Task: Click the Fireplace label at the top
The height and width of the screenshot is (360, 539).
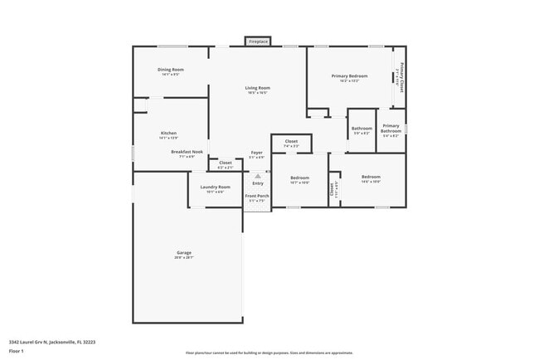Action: (258, 41)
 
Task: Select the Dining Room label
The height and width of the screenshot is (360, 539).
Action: (171, 70)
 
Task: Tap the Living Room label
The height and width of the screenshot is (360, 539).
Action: (257, 88)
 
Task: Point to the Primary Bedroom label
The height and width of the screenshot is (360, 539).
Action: (349, 77)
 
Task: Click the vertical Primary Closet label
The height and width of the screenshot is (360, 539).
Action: (402, 76)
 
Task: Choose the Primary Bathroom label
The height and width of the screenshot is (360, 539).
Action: (391, 129)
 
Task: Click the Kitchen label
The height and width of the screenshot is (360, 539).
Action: (169, 133)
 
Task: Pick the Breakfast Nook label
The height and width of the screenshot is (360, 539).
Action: (187, 152)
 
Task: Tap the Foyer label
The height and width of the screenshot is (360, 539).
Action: (257, 153)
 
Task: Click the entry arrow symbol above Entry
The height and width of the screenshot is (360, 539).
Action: (258, 176)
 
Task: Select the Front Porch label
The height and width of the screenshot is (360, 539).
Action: (256, 196)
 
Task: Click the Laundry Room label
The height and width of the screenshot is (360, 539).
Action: (215, 187)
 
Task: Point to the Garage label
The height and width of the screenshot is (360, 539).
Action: (183, 252)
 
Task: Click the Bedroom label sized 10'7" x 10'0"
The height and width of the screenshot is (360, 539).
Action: (299, 178)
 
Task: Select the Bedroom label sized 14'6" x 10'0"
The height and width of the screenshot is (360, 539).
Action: (371, 177)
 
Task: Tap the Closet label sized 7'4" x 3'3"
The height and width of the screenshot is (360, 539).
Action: (291, 142)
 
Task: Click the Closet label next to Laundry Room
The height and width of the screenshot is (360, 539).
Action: (225, 163)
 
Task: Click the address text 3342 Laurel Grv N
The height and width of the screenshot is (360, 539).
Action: (52, 341)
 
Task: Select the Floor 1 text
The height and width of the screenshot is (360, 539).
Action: (17, 351)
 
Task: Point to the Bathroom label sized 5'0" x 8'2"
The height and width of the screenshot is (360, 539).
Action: (362, 129)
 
